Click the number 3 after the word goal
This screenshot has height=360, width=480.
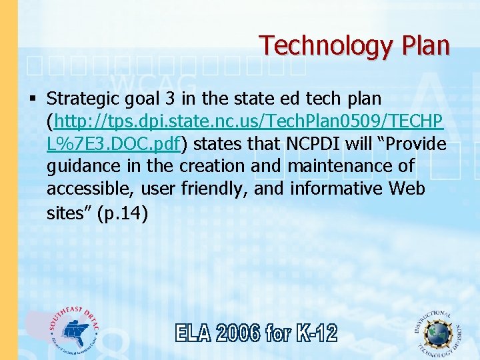click(x=170, y=99)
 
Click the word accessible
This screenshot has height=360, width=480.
click(x=90, y=189)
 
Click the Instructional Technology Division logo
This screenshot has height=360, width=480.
click(x=438, y=331)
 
